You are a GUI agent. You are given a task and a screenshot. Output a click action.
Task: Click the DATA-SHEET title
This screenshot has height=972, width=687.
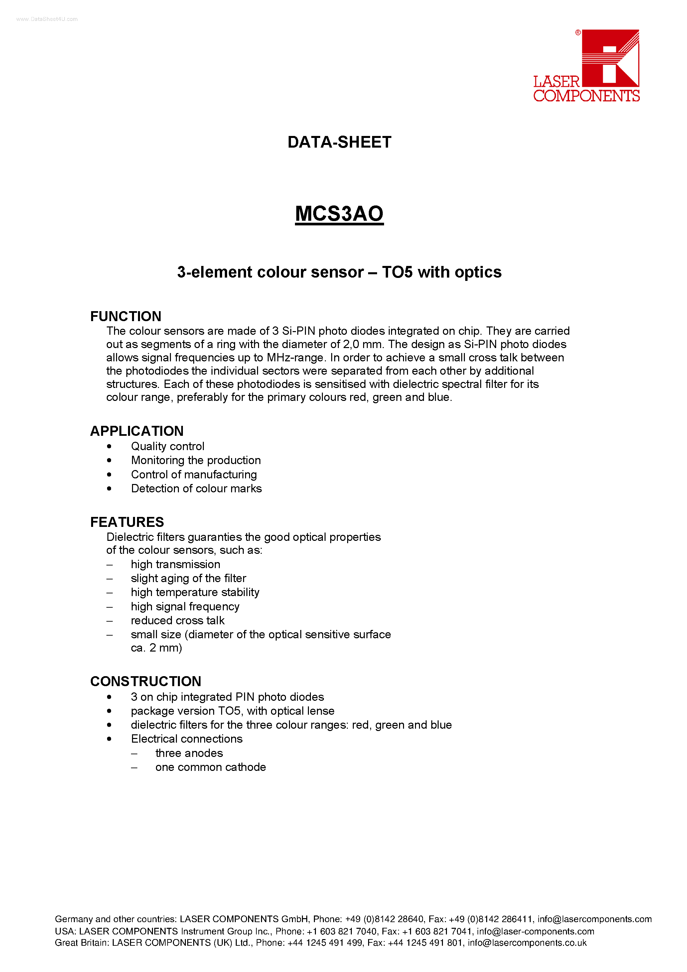339,142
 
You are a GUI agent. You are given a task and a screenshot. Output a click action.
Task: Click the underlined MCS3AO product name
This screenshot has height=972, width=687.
339,213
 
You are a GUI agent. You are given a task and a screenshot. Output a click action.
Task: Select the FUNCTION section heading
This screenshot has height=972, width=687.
125,316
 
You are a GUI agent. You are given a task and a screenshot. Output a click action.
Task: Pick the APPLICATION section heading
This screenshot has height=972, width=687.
137,431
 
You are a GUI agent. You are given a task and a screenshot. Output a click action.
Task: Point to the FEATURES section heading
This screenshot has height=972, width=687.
127,522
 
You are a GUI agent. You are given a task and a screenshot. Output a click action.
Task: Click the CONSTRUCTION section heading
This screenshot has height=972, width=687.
145,681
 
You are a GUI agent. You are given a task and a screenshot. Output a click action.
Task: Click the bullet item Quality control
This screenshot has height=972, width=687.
167,446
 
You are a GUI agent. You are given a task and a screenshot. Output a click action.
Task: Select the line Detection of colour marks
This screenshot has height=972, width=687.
196,489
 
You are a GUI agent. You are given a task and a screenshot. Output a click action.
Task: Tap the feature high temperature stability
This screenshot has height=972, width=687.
195,592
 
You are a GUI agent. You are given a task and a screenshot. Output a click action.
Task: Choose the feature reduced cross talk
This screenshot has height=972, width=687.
178,620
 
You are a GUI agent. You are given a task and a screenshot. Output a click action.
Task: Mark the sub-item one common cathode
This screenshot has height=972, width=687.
210,767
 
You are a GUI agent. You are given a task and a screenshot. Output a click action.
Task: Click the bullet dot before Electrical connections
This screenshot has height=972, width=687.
109,739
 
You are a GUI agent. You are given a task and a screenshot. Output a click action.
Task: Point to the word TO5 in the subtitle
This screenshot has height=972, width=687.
397,272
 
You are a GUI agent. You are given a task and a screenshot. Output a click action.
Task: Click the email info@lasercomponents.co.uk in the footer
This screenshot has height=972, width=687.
527,943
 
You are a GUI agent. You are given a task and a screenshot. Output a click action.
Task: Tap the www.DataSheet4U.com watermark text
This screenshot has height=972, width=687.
47,19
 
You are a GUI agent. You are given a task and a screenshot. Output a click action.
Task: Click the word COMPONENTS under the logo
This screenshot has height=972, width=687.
586,96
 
